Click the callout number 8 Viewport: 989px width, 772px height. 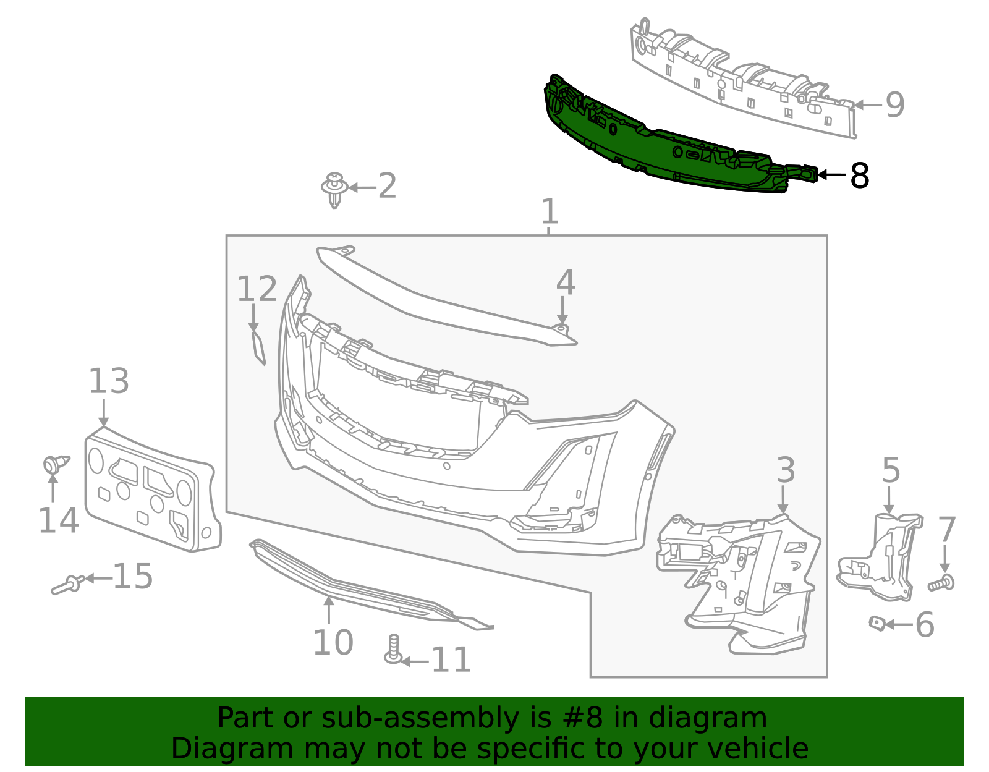pyautogui.click(x=860, y=176)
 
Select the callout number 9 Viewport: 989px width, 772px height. pyautogui.click(x=895, y=104)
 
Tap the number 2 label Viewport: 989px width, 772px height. pyautogui.click(x=387, y=186)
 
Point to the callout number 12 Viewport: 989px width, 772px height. pyautogui.click(x=257, y=289)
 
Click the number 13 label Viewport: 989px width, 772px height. pyautogui.click(x=109, y=381)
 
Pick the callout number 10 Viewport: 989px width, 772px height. pyautogui.click(x=333, y=643)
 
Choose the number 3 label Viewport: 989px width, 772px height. pyautogui.click(x=785, y=470)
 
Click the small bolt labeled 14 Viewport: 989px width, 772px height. pyautogui.click(x=54, y=464)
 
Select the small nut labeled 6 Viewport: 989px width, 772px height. pyautogui.click(x=877, y=623)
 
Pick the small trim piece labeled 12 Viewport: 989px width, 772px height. pyautogui.click(x=258, y=347)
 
